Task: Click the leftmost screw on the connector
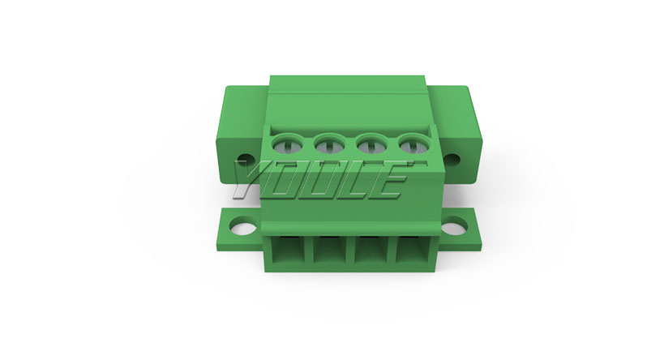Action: click(x=287, y=144)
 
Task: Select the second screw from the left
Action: click(x=329, y=144)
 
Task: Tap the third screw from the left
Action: click(x=371, y=144)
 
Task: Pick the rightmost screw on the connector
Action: click(x=413, y=144)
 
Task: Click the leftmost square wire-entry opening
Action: click(x=288, y=250)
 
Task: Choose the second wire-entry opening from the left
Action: click(x=330, y=250)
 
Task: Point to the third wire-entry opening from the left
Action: click(x=371, y=250)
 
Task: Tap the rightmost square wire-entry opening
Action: click(x=412, y=250)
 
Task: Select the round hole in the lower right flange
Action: click(x=455, y=227)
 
